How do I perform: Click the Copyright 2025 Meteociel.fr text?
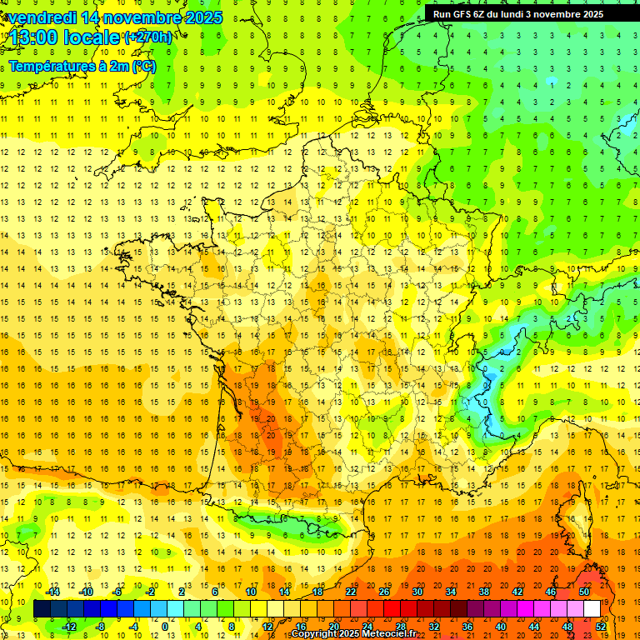(353, 633)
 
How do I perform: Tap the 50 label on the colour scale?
(584, 592)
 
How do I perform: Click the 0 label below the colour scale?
(165, 627)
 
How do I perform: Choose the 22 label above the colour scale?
(351, 592)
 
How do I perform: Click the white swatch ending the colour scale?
(592, 609)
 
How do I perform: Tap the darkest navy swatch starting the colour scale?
(42, 609)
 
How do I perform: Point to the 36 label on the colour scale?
(467, 627)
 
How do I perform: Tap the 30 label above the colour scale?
(417, 592)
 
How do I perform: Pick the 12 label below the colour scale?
(267, 627)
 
